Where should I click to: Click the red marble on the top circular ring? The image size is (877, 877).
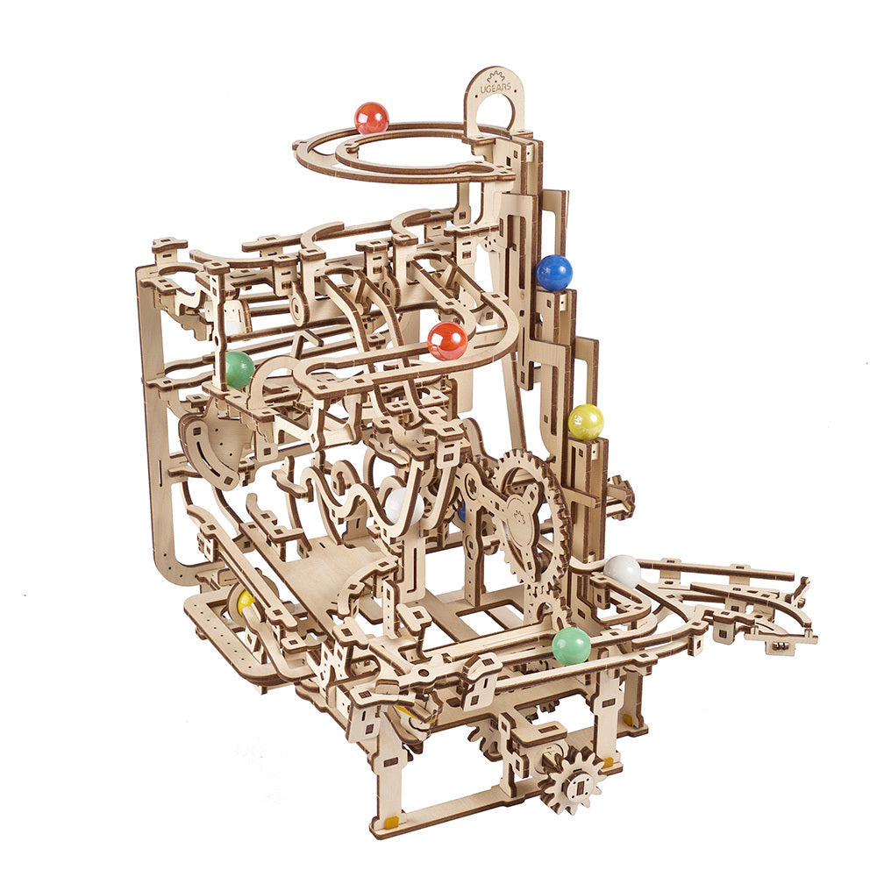pos(371,118)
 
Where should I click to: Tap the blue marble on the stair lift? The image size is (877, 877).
pos(554,273)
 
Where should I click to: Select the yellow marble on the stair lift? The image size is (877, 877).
pos(585,422)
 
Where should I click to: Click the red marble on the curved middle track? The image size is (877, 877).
pos(447,340)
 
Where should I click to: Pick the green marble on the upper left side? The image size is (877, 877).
pos(238,370)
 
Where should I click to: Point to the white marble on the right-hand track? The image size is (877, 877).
pos(622,571)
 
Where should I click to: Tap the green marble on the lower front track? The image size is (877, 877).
pos(571,645)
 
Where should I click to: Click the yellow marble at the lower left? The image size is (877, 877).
pos(245,601)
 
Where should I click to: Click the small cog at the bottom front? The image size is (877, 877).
pos(572,778)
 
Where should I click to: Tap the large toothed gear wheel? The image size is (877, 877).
pos(526,509)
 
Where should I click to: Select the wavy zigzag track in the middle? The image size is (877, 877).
pos(351,496)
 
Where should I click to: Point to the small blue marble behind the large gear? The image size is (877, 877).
pos(461,511)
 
